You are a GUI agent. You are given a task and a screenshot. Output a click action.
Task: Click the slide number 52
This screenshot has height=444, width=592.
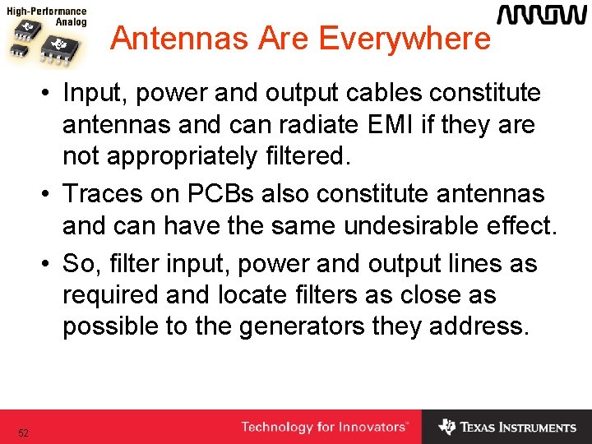[x=23, y=432]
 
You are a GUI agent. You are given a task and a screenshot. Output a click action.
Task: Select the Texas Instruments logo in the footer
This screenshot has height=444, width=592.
[x=507, y=428]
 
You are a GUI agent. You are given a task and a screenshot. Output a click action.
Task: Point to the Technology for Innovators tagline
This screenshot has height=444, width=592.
[x=324, y=428]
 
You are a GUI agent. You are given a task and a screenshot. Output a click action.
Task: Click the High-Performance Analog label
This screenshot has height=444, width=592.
[x=46, y=17]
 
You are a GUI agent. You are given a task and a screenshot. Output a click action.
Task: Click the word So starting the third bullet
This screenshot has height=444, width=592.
[x=79, y=264]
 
